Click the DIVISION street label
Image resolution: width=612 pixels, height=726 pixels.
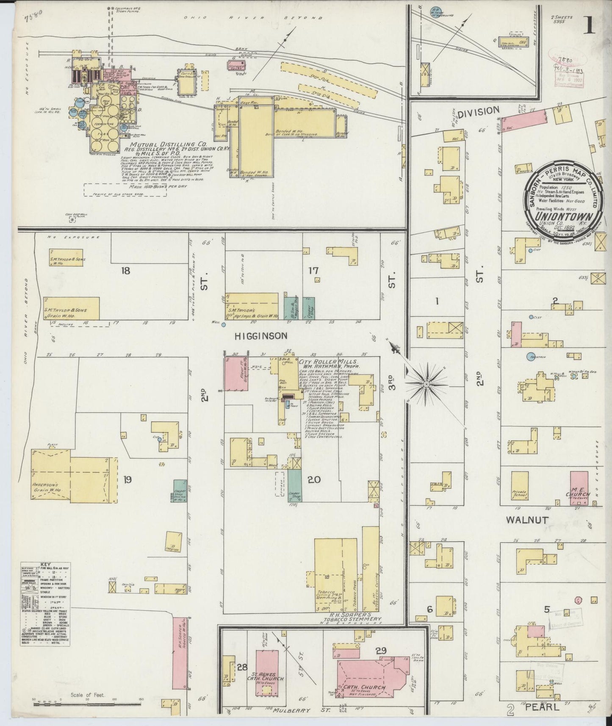pos(479,111)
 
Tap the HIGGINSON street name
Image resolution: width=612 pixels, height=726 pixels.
pos(261,335)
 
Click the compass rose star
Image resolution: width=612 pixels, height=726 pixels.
pos(425,384)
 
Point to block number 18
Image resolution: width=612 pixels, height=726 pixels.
pos(125,270)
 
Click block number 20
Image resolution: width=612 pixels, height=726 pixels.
pos(314,480)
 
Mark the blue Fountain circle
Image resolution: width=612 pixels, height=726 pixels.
pos(530,356)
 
